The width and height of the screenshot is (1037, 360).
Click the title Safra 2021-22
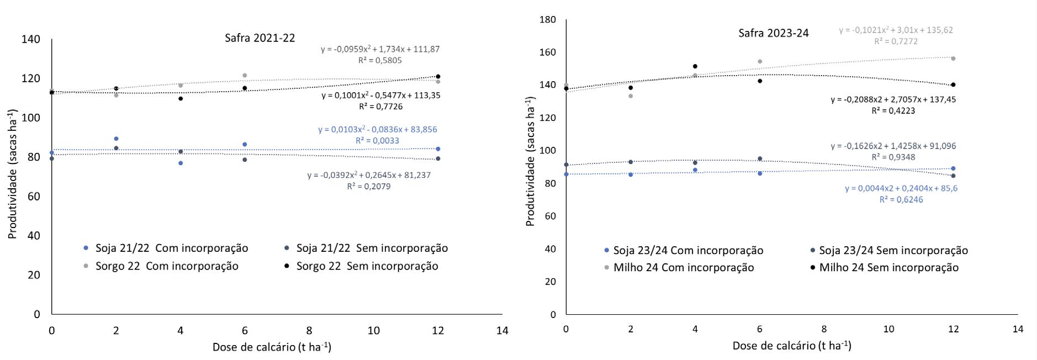260,38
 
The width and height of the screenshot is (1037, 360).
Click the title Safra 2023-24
774,33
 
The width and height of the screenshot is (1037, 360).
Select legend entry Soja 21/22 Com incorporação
172,248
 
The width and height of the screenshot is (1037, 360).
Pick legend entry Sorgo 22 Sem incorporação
367,266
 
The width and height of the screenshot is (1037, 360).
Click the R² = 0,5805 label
380,60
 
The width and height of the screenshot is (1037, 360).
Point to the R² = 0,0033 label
377,141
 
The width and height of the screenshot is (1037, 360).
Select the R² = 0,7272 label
896,41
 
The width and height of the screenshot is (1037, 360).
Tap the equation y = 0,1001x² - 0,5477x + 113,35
381,96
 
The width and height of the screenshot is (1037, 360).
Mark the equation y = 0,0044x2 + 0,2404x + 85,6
901,188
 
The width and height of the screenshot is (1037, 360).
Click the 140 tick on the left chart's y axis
31,39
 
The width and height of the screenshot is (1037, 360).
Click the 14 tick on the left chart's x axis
502,331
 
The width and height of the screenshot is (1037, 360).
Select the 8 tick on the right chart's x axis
824,329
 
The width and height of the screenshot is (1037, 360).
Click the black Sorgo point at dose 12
438,76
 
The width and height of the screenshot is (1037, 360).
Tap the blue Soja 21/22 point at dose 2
116,139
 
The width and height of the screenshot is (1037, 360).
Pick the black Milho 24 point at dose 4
695,66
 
